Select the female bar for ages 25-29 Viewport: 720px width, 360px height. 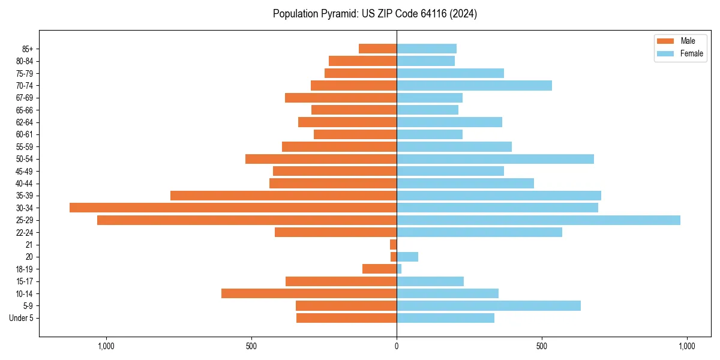click(538, 220)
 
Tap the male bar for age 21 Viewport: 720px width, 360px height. click(394, 245)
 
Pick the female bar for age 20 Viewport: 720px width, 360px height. click(407, 257)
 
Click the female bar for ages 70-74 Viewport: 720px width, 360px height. click(474, 85)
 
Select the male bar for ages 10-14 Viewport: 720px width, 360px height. click(309, 293)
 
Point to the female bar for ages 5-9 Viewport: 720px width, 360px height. click(488, 306)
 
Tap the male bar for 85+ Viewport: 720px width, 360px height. click(378, 49)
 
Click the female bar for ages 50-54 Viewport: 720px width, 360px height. click(495, 159)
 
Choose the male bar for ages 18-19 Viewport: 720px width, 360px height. click(379, 269)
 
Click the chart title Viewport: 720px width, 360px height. click(375, 14)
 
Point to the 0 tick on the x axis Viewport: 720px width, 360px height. click(397, 346)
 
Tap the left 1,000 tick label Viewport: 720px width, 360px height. click(106, 346)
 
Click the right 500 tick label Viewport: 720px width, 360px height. click(542, 346)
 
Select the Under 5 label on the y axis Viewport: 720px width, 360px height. click(21, 318)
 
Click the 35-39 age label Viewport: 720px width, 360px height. click(25, 196)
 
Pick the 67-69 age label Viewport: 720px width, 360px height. click(25, 98)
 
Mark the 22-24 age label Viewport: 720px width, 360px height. click(25, 232)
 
